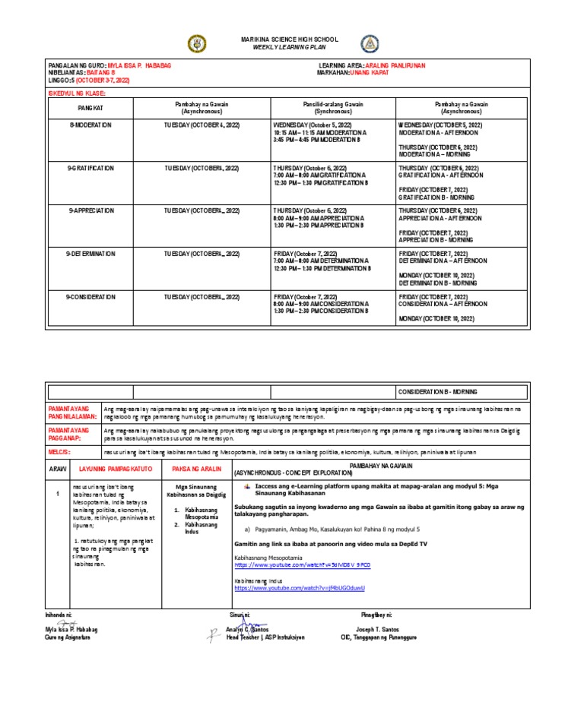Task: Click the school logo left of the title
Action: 196,43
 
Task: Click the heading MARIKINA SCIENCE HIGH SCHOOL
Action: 278,40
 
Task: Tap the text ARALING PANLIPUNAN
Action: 394,66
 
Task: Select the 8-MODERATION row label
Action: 89,124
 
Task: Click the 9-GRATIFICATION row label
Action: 89,167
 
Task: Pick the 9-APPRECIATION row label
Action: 89,210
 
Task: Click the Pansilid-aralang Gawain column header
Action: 330,107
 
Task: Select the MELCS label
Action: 59,451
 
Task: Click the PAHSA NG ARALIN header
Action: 196,469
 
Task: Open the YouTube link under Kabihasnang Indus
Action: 300,588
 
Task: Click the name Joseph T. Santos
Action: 379,630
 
